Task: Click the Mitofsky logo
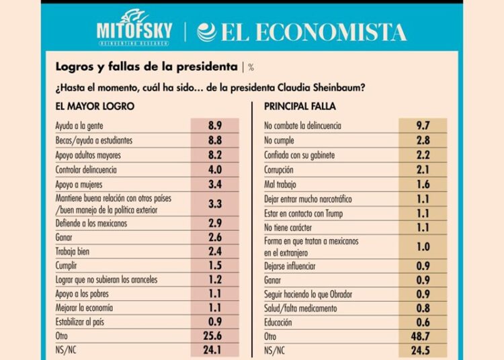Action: [x=134, y=30]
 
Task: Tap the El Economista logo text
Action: [x=302, y=32]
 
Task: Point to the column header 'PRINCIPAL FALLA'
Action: [x=300, y=106]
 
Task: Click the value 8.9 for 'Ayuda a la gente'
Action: [x=215, y=126]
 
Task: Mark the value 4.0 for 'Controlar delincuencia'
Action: [x=215, y=169]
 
